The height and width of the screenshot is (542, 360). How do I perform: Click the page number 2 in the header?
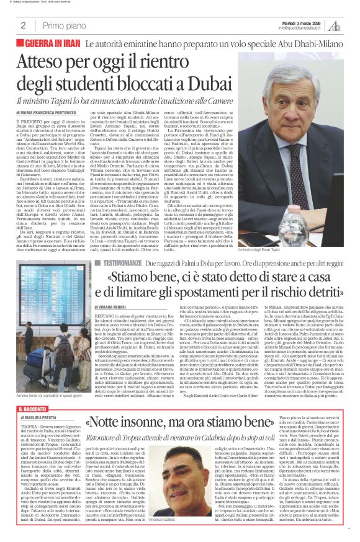click(23, 25)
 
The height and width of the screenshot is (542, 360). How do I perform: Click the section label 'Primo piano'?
click(61, 25)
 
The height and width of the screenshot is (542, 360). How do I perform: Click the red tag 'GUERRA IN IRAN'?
click(51, 45)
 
